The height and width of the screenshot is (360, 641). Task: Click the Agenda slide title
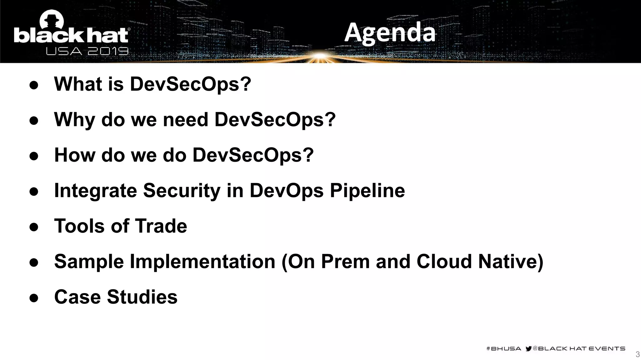(x=390, y=33)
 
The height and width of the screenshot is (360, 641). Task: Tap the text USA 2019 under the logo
(x=87, y=51)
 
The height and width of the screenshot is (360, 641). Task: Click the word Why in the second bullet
(x=74, y=120)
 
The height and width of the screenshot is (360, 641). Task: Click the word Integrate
(x=95, y=191)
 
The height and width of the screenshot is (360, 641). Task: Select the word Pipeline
(x=367, y=191)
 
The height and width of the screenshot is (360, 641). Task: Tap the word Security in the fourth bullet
(x=182, y=191)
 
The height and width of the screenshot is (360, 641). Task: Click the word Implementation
(x=202, y=262)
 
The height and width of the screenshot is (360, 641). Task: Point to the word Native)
(x=510, y=262)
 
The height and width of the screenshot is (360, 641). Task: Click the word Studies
(x=142, y=297)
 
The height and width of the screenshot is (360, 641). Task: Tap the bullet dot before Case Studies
(x=34, y=298)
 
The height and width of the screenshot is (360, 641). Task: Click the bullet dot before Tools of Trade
(x=34, y=227)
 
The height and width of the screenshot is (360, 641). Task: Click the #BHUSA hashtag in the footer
(x=504, y=348)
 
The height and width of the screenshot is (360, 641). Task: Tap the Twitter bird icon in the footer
(x=529, y=348)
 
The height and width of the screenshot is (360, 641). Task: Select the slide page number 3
(x=637, y=354)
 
